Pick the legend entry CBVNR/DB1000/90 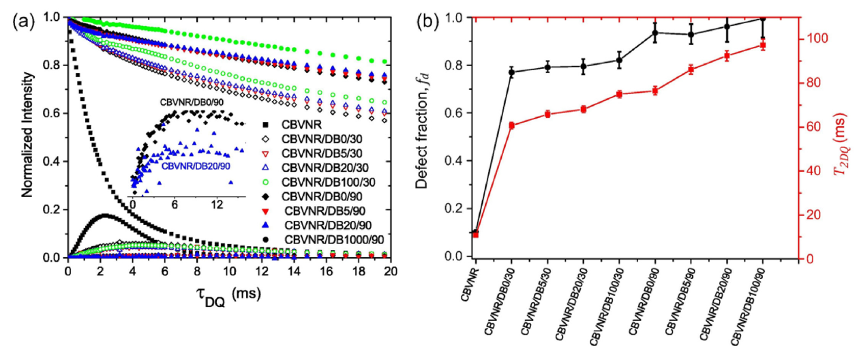tap(322, 239)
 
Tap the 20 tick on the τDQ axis tap(389, 271)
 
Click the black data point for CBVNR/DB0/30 tap(512, 72)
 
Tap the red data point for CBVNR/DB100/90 tap(763, 46)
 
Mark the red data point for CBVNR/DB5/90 tap(691, 69)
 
